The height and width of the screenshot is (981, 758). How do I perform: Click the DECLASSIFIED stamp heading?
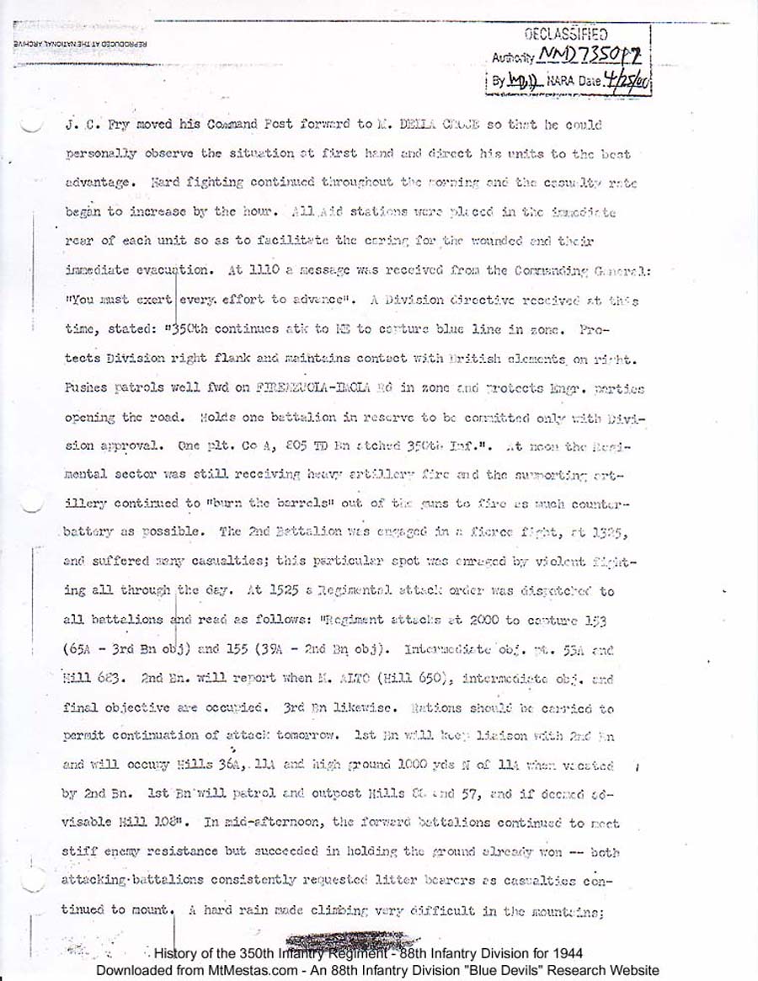click(565, 35)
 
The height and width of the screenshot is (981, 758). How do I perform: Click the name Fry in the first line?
click(117, 125)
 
